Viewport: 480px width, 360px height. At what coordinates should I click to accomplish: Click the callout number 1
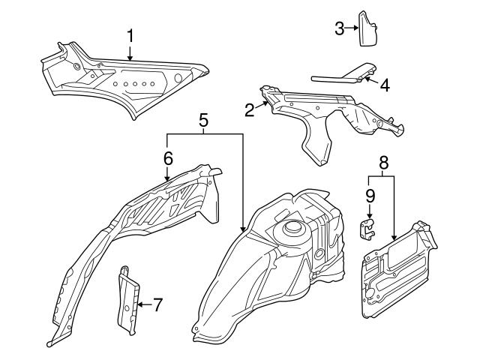pyautogui.click(x=130, y=35)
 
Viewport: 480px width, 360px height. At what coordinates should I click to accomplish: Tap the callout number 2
pyautogui.click(x=250, y=110)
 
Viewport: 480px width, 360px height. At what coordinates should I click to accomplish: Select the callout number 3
pyautogui.click(x=340, y=28)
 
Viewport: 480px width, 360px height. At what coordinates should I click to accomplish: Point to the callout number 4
pyautogui.click(x=384, y=85)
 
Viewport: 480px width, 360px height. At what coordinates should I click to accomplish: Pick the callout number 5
pyautogui.click(x=202, y=120)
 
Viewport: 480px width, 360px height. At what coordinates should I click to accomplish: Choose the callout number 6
pyautogui.click(x=167, y=157)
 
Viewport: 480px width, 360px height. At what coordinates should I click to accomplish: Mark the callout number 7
pyautogui.click(x=157, y=304)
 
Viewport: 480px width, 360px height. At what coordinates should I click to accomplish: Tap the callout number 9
pyautogui.click(x=370, y=196)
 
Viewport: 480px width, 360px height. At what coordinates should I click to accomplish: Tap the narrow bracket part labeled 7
pyautogui.click(x=128, y=300)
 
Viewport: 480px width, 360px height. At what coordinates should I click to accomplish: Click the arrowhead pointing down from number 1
pyautogui.click(x=130, y=58)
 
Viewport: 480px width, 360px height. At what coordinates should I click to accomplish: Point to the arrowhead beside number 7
pyautogui.click(x=140, y=304)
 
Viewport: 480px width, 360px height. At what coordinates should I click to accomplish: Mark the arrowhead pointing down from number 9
pyautogui.click(x=370, y=217)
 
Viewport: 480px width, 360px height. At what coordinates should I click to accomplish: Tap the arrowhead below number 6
pyautogui.click(x=167, y=178)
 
